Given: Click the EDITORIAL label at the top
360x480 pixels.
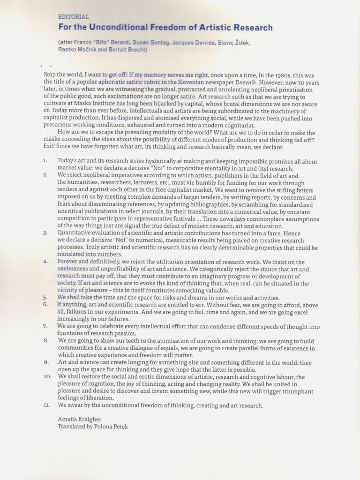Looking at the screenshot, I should tap(73, 17).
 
